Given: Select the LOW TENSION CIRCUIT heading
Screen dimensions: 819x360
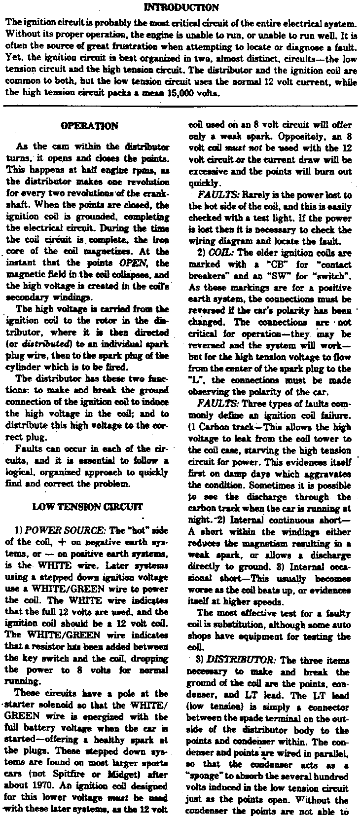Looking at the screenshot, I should click(x=88, y=506).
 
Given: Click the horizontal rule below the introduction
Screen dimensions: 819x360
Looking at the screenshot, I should click(x=180, y=106).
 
